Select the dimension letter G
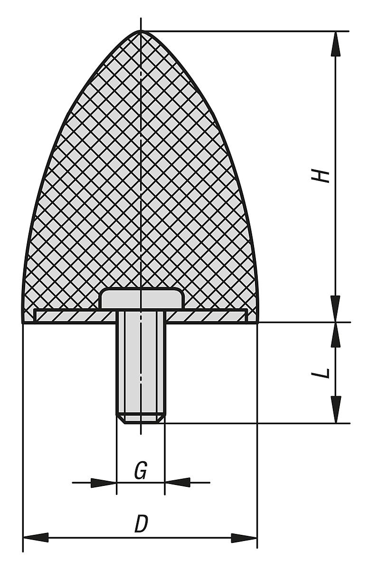141,471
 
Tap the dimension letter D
141,524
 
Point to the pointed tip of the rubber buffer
141,32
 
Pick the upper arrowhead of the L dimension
336,335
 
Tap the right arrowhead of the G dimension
178,483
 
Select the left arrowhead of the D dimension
36,538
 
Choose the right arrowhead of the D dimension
244,538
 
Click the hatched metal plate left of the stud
76,316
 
